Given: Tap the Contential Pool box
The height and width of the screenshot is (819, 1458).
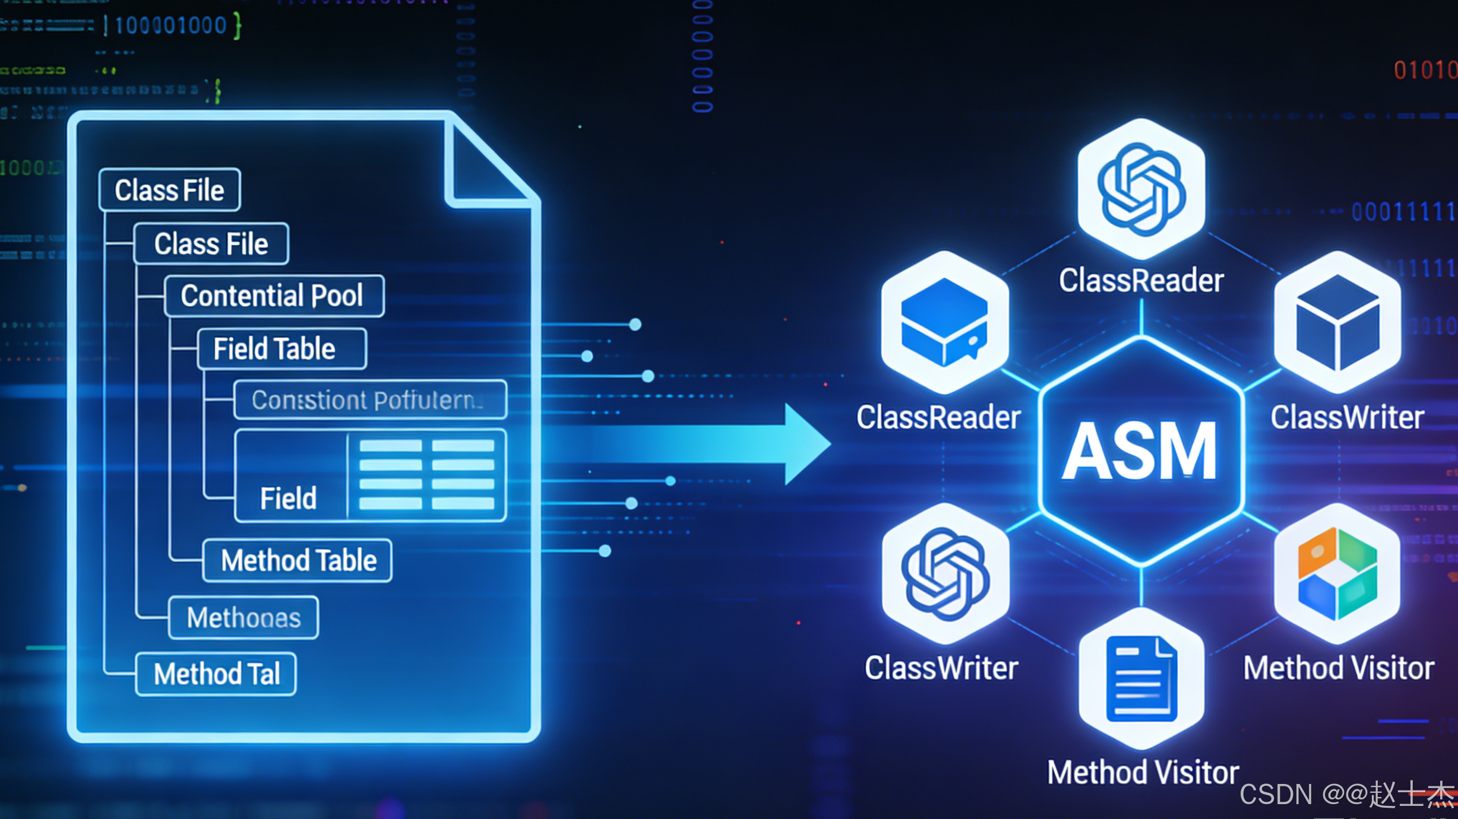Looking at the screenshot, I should pos(274,296).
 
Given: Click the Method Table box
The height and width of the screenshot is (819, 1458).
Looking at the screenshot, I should pos(298,560).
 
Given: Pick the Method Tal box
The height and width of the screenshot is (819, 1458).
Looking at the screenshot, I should pos(216,674).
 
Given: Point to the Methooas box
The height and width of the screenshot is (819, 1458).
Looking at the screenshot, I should pos(243,618).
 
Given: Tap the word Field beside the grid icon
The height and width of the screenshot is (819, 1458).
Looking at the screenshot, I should pos(288,498).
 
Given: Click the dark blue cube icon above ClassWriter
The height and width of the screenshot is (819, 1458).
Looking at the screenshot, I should pos(1337,322).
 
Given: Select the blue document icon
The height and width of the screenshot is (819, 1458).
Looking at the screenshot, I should pos(1141,678).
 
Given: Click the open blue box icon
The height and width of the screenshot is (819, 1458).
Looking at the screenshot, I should pos(944,322).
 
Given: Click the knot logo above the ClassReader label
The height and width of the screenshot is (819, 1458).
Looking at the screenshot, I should pos(1141,189).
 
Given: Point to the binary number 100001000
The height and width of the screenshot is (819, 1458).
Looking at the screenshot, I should pos(171,26).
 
